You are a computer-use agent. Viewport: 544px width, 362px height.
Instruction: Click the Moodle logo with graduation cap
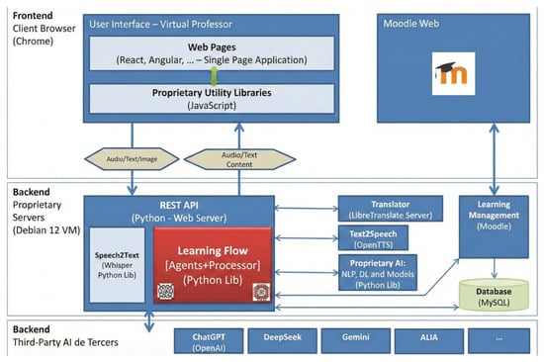click(x=453, y=73)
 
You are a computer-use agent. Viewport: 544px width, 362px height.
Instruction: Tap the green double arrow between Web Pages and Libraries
click(x=214, y=76)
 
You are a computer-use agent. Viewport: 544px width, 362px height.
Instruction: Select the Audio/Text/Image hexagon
click(x=132, y=159)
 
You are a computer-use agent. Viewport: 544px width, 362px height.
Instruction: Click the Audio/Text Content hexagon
click(x=239, y=159)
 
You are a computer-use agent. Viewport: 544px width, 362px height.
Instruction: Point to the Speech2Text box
click(x=118, y=265)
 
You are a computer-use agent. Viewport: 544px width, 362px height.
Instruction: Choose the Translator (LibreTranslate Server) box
click(x=391, y=209)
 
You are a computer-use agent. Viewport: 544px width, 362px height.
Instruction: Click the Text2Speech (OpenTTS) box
click(x=373, y=238)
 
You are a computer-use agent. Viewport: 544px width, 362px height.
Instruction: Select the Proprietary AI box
click(x=378, y=273)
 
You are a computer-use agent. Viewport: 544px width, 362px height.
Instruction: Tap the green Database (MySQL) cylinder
click(x=494, y=295)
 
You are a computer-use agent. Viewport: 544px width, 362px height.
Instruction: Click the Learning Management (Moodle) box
click(x=494, y=226)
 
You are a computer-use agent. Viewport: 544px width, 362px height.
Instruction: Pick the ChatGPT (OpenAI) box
click(x=209, y=341)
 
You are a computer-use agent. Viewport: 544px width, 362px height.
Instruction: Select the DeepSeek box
click(x=283, y=341)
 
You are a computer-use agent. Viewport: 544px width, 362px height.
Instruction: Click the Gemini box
click(x=356, y=341)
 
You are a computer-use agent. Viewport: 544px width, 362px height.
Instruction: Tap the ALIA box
click(x=429, y=341)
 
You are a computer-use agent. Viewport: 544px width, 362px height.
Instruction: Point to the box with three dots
click(x=499, y=341)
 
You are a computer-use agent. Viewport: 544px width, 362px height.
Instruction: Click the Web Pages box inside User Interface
click(x=212, y=53)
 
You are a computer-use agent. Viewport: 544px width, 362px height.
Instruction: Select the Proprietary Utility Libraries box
click(x=212, y=99)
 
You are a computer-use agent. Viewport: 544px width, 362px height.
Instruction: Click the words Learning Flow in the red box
click(x=213, y=250)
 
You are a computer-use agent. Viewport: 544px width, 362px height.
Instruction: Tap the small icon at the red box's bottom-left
click(x=166, y=291)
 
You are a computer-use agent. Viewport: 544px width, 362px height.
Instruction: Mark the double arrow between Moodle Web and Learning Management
click(x=494, y=159)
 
